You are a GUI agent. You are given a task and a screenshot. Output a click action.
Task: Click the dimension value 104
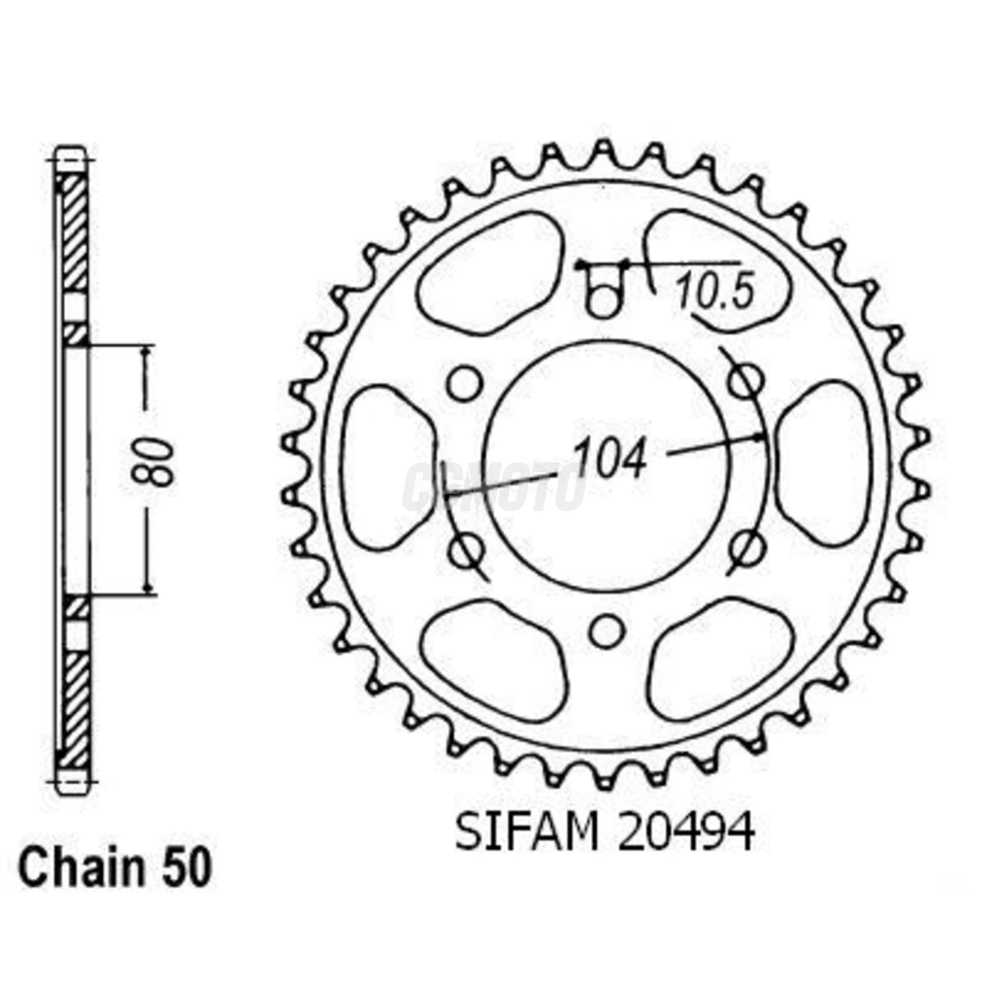[610, 459]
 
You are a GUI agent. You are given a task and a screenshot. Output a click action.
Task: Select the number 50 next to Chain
[187, 869]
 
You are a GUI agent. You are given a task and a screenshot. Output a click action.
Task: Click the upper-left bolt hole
[465, 384]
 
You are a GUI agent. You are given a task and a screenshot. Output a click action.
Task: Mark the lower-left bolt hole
[465, 550]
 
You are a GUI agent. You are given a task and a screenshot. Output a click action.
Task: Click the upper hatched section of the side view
[75, 233]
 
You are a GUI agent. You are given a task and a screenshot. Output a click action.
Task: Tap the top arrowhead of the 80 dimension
[147, 352]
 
